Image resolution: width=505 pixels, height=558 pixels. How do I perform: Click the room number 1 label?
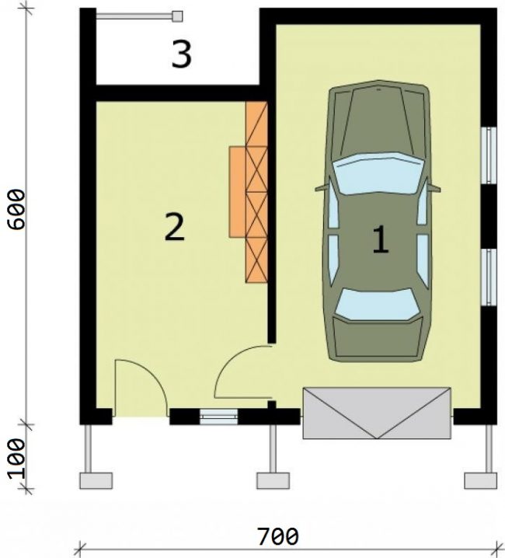pos(381,240)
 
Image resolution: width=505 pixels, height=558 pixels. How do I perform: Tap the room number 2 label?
pos(174,227)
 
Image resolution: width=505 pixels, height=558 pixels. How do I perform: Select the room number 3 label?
pos(182,54)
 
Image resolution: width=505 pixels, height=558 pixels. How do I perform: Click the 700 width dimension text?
pos(278,537)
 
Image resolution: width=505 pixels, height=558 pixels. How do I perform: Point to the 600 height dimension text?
pos(16,210)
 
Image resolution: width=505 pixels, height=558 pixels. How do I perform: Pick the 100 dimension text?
pos(16,459)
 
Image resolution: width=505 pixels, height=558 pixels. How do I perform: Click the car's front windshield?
pos(378,173)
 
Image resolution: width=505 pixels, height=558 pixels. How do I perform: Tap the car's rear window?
pos(378,305)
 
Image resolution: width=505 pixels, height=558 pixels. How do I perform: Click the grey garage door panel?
pos(377,413)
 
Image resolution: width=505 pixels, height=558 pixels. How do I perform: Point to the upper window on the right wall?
pos(489,155)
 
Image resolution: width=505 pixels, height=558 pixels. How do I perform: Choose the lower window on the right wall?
pos(489,277)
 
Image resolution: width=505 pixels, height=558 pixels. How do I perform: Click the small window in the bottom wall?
pos(218,417)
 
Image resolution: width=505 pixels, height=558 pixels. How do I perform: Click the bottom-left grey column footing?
pos(96,480)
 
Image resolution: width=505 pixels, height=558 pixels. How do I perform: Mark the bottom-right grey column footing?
pos(480,480)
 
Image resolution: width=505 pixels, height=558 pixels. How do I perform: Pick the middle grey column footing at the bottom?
pos(273,480)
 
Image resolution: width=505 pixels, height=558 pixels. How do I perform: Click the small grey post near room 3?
pos(177,16)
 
